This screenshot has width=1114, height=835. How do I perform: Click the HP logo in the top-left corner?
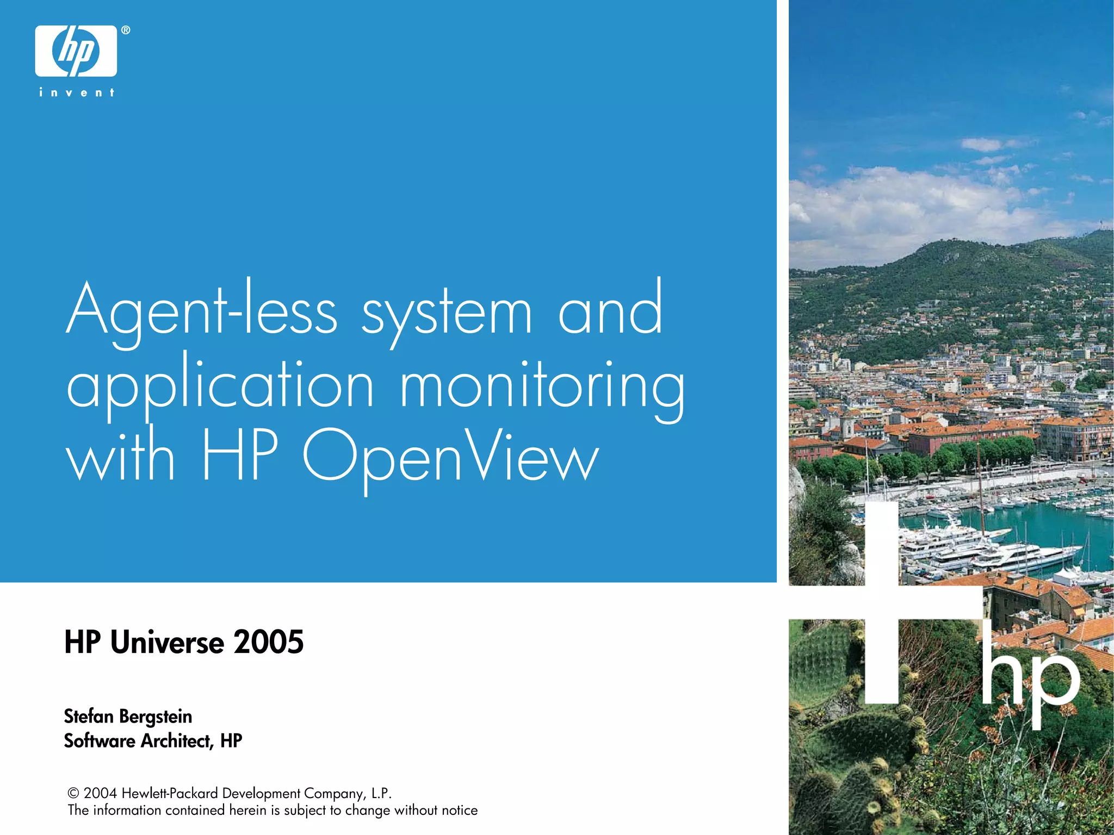point(76,51)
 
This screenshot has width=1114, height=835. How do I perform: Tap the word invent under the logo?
point(77,93)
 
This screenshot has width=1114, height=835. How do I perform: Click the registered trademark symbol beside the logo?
point(126,30)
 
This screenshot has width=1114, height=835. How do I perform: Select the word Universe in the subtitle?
point(167,642)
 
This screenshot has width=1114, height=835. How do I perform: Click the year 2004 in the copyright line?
point(100,794)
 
